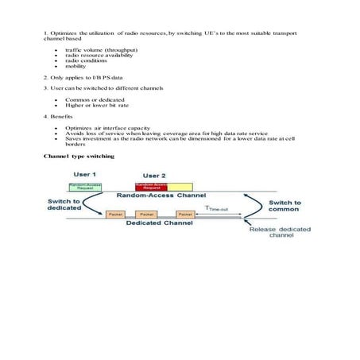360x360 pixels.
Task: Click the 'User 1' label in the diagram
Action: (85, 173)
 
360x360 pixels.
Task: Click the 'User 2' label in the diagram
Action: (154, 175)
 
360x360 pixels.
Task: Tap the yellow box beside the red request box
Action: (180, 187)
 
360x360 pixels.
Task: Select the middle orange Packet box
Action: (146, 215)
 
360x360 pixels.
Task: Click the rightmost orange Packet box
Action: (185, 215)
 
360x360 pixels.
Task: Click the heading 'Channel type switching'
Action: (79, 157)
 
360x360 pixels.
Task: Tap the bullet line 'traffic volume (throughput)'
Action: (101, 49)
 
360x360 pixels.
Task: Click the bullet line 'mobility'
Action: (76, 66)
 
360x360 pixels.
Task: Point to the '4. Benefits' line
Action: (58, 116)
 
